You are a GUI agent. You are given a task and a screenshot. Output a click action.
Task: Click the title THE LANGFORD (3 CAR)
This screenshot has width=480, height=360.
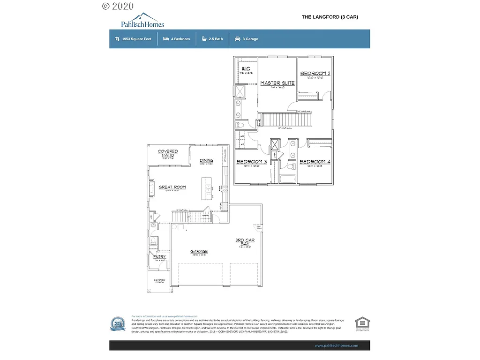(330, 17)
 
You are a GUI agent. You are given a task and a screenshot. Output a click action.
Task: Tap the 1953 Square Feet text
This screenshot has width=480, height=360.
(136, 39)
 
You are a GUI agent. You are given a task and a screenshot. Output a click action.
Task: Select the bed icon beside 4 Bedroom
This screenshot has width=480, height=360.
(166, 39)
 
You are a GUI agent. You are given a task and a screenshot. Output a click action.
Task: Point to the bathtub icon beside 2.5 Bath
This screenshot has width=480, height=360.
(204, 39)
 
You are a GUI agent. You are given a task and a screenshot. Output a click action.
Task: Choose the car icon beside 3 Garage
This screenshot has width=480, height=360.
(238, 39)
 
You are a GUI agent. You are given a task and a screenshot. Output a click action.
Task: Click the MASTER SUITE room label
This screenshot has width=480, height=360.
(277, 83)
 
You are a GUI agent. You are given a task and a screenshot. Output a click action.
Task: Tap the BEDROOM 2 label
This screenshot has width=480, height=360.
(315, 74)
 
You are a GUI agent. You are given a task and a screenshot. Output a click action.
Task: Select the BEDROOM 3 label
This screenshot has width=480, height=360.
(252, 162)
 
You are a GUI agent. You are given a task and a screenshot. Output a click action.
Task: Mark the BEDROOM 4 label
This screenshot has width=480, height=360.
(315, 162)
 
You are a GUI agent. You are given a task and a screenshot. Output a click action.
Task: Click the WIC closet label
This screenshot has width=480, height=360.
(246, 69)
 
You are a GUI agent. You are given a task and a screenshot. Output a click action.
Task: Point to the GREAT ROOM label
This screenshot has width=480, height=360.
(172, 187)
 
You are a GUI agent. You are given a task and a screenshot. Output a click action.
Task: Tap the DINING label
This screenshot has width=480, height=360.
(206, 160)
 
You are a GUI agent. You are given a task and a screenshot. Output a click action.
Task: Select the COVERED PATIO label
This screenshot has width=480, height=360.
(168, 153)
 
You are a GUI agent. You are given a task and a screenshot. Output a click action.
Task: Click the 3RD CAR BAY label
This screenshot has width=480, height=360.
(245, 242)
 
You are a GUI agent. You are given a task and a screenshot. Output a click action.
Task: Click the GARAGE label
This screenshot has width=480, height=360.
(199, 252)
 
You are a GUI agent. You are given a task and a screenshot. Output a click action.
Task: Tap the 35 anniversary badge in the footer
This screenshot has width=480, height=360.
(118, 324)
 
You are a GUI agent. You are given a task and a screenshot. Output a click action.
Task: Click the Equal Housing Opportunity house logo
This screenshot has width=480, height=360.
(362, 323)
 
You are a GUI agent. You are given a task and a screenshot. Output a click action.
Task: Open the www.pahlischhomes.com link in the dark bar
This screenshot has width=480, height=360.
(336, 345)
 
